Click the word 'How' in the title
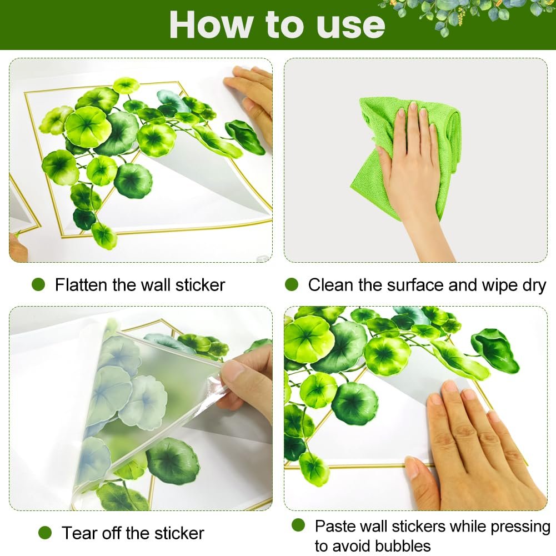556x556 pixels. click(x=211, y=24)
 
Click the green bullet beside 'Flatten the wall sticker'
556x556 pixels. click(x=38, y=284)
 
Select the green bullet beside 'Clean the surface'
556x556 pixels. click(x=292, y=284)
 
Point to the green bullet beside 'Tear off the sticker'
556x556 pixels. click(x=45, y=533)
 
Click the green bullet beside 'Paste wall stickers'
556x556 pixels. click(x=298, y=525)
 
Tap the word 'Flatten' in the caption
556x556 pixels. click(x=82, y=285)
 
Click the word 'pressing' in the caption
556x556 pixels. click(x=520, y=527)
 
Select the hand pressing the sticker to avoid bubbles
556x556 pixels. click(x=475, y=447)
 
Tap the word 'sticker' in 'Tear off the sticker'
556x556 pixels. click(x=179, y=533)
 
